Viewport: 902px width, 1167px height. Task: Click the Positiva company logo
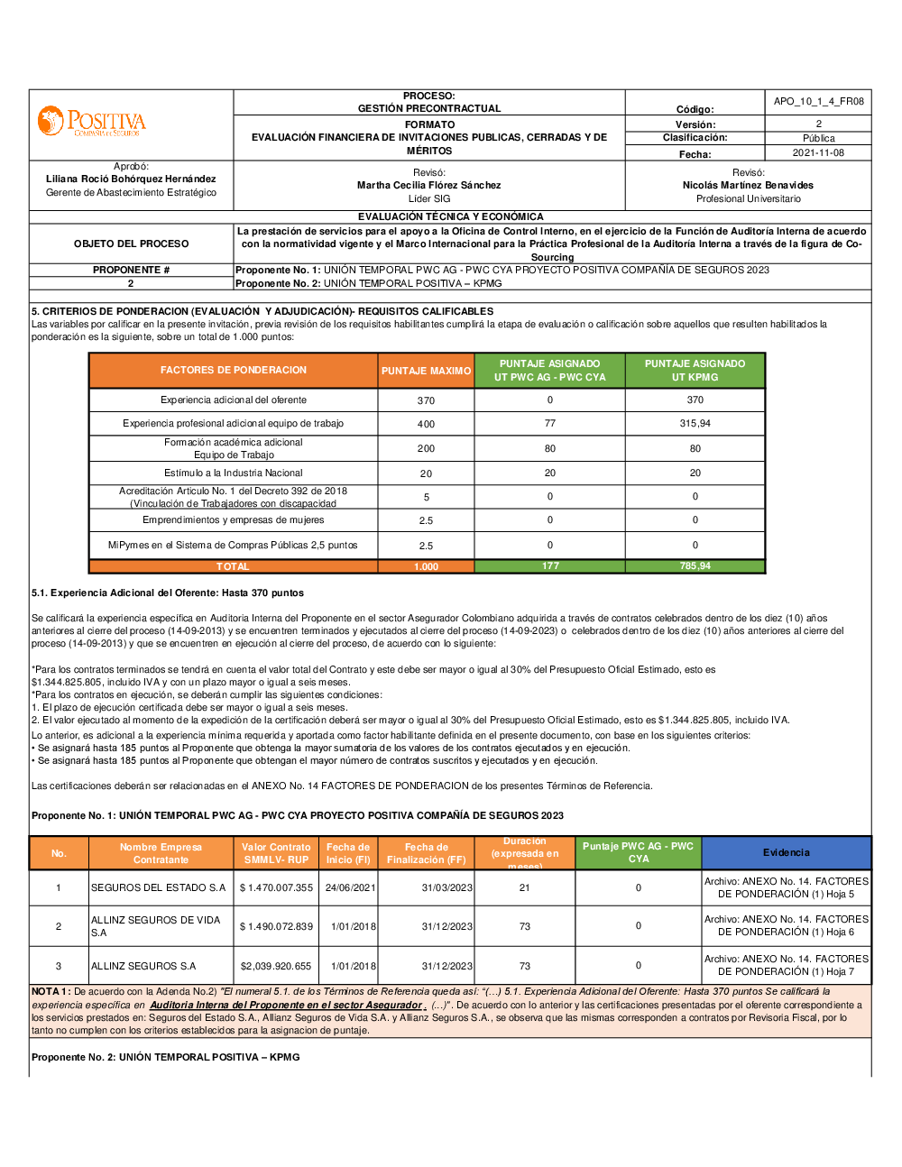pyautogui.click(x=91, y=122)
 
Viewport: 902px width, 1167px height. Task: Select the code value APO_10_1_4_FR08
pyautogui.click(x=818, y=101)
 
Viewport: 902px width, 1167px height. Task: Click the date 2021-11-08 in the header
pyautogui.click(x=818, y=153)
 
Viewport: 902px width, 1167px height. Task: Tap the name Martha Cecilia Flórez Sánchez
pyautogui.click(x=428, y=185)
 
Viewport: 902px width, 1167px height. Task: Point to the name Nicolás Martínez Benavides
pyautogui.click(x=748, y=185)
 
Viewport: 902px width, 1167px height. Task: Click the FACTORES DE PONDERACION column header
pyautogui.click(x=234, y=371)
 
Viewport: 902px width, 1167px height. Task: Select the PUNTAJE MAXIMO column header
pyautogui.click(x=426, y=371)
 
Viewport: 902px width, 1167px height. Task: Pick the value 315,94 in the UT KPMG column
pyautogui.click(x=695, y=424)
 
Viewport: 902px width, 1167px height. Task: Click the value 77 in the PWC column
pyautogui.click(x=550, y=423)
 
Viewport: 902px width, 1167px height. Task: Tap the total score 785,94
pyautogui.click(x=695, y=566)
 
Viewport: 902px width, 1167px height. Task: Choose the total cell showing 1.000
pyautogui.click(x=426, y=566)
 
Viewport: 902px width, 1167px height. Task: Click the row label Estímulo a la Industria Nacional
pyautogui.click(x=234, y=473)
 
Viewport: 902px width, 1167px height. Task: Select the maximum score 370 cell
pyautogui.click(x=426, y=400)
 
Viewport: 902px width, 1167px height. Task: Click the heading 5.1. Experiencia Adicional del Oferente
pyautogui.click(x=168, y=593)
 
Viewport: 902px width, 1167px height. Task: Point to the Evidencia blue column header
pyautogui.click(x=786, y=853)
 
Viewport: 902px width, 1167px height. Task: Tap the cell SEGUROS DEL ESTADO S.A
pyautogui.click(x=158, y=888)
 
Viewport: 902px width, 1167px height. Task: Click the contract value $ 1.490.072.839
pyautogui.click(x=276, y=926)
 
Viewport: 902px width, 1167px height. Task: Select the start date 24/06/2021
pyautogui.click(x=350, y=888)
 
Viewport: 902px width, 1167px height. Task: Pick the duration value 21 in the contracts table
pyautogui.click(x=525, y=888)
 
